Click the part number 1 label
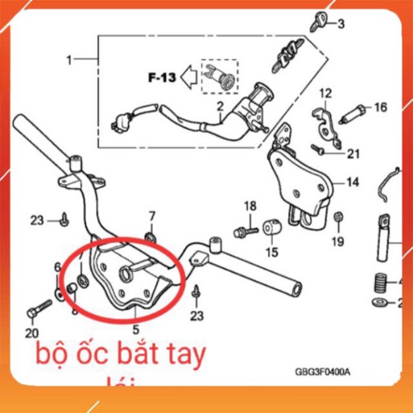click(x=69, y=60)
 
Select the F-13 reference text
click(x=162, y=78)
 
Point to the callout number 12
click(x=325, y=93)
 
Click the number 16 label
click(x=380, y=108)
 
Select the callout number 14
click(x=352, y=182)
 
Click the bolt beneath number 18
click(x=244, y=232)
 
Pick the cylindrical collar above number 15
click(x=271, y=229)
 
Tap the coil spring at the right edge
click(x=380, y=284)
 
